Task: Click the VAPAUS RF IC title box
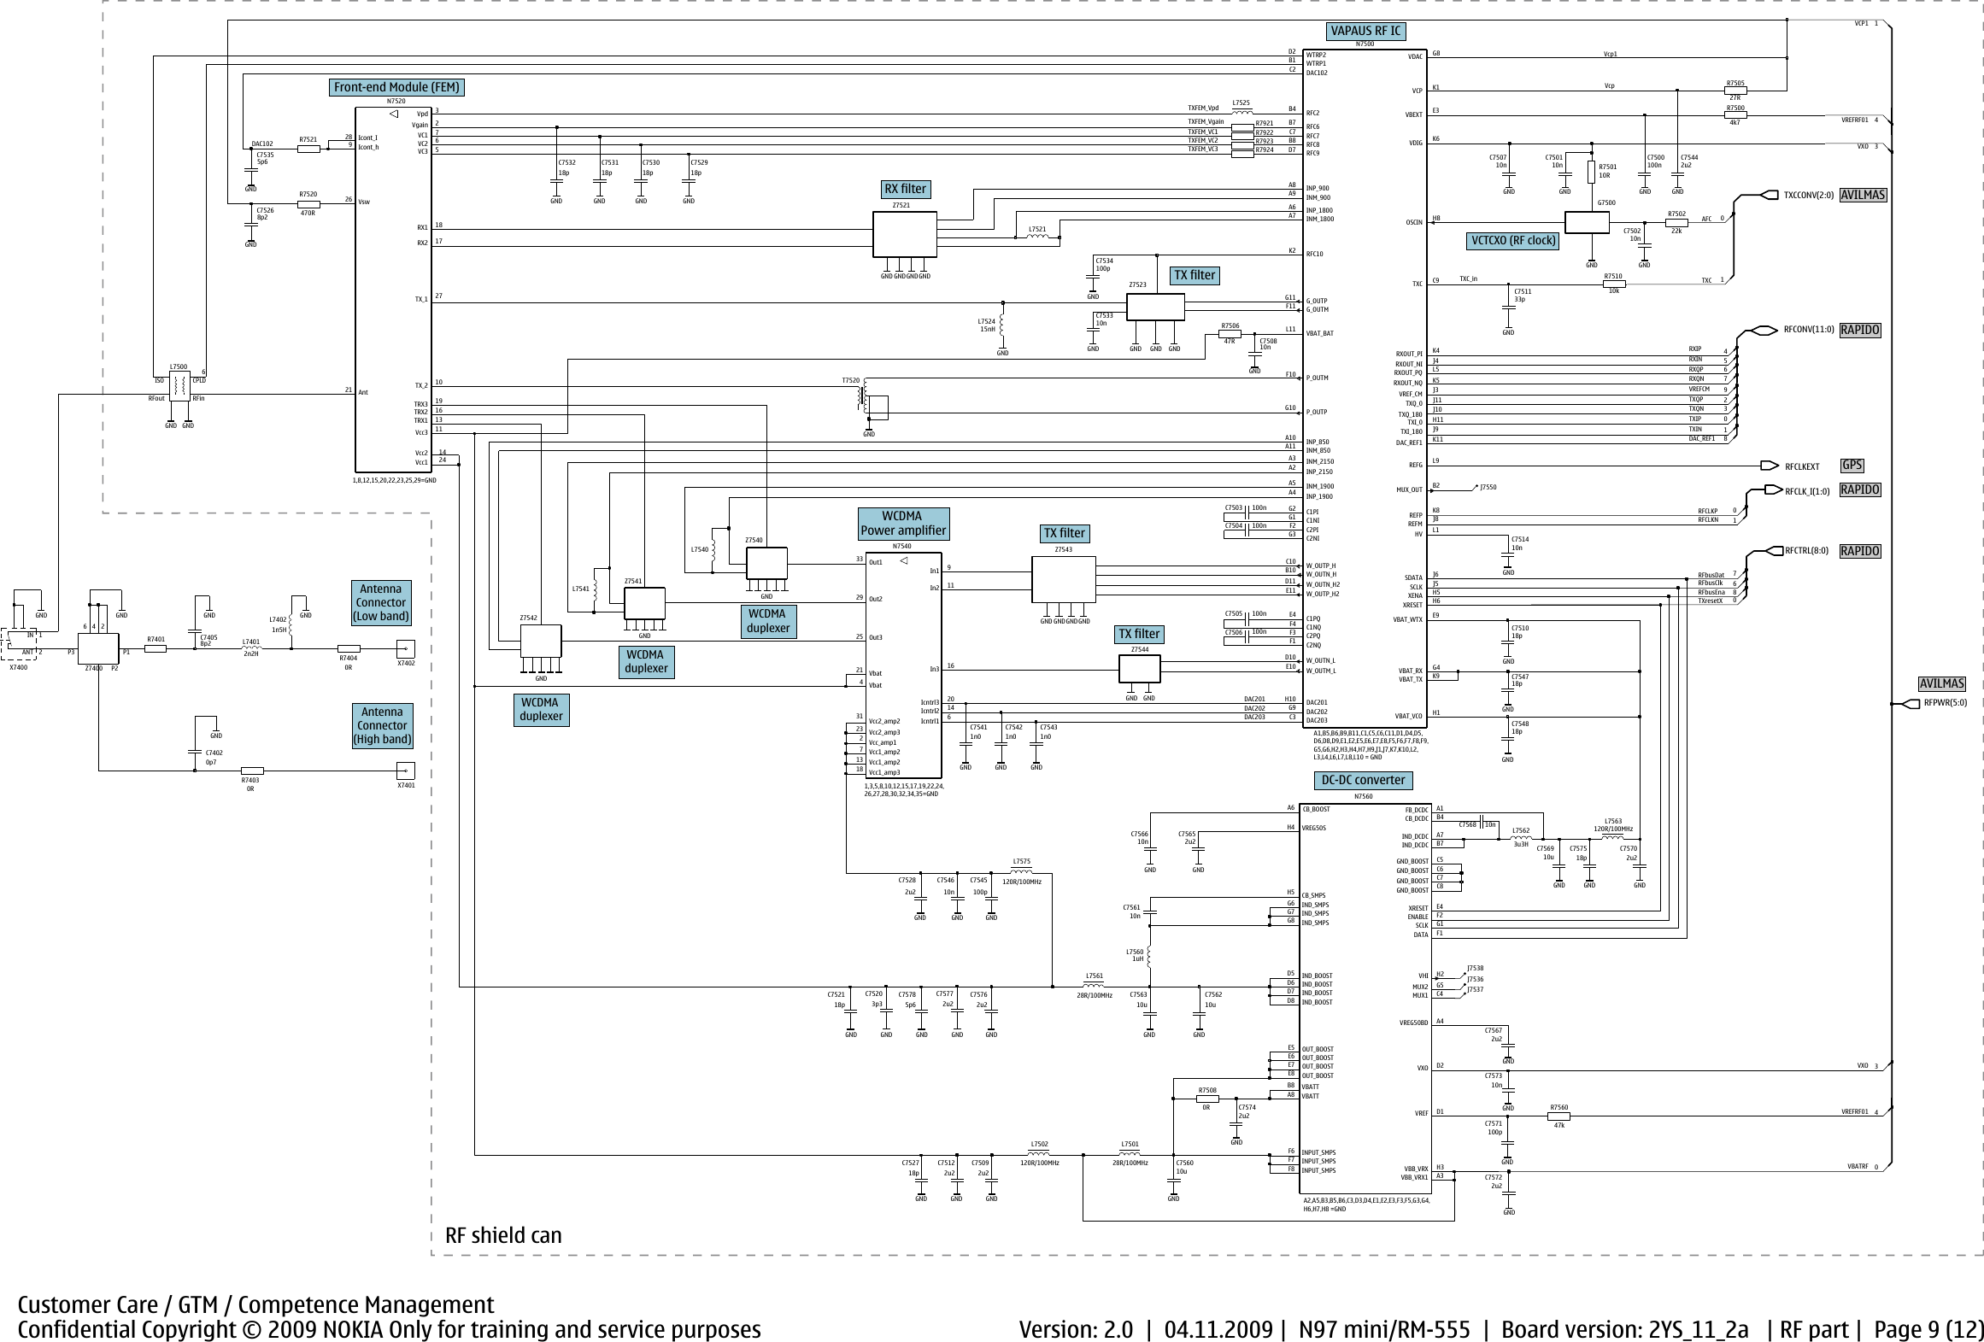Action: [1365, 32]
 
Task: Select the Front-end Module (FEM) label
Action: [396, 87]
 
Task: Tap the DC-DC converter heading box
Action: [1363, 780]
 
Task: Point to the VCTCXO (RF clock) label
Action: [1512, 241]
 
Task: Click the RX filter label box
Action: [905, 189]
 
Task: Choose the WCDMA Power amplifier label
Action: [903, 523]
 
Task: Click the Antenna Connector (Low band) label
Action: [381, 602]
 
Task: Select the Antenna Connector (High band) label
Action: [382, 725]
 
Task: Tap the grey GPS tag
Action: [1852, 466]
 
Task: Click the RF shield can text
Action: [503, 1235]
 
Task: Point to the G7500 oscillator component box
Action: [1587, 222]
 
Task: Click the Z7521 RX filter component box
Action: [904, 234]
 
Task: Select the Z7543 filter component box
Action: [1063, 580]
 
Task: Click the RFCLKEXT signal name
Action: [1802, 467]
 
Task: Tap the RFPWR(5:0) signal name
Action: [1945, 703]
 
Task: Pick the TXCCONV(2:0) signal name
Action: [1808, 195]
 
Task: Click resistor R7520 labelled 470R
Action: [308, 204]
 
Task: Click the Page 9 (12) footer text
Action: [1926, 1329]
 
